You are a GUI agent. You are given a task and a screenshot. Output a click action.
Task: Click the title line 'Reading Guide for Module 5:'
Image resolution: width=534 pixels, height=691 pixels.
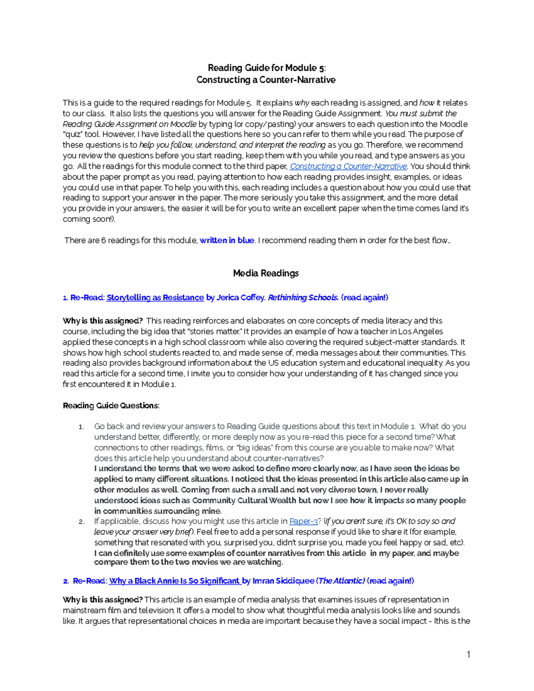pyautogui.click(x=267, y=68)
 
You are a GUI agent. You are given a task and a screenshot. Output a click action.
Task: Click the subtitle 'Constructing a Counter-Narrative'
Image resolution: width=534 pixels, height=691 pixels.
pyautogui.click(x=266, y=80)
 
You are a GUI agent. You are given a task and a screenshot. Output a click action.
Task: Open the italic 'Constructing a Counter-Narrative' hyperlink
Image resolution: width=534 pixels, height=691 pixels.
pyautogui.click(x=348, y=166)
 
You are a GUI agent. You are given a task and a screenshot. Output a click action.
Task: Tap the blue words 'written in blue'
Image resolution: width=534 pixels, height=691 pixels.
pyautogui.click(x=227, y=240)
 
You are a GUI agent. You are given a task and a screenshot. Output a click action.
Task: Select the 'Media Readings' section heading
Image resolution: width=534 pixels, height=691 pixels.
pyautogui.click(x=266, y=273)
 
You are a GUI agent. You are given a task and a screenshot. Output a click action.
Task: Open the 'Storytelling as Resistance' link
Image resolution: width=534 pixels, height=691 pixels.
pyautogui.click(x=155, y=298)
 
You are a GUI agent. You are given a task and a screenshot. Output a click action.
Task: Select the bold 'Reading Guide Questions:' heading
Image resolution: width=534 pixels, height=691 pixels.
pyautogui.click(x=111, y=405)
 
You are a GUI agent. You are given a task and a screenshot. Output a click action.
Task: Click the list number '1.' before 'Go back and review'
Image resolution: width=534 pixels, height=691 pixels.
pyautogui.click(x=81, y=427)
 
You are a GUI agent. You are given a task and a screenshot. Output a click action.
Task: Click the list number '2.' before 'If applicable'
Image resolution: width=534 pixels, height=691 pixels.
pyautogui.click(x=81, y=521)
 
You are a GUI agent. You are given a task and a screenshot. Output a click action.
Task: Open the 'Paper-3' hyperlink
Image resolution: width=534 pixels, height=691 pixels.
pyautogui.click(x=303, y=521)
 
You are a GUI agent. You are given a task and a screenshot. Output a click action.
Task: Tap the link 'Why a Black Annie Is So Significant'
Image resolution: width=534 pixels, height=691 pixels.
pyautogui.click(x=174, y=581)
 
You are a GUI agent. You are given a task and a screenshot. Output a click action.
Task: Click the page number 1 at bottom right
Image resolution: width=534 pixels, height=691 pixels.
pyautogui.click(x=468, y=654)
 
